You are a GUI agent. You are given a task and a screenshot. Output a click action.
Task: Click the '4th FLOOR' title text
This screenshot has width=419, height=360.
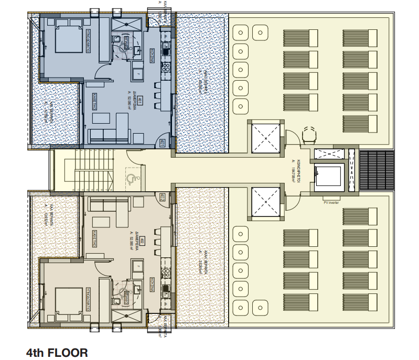(57, 352)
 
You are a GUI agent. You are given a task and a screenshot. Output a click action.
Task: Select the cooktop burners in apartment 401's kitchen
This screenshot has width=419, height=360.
(166, 67)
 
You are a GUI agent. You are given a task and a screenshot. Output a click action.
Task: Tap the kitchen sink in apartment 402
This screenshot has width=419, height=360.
(166, 289)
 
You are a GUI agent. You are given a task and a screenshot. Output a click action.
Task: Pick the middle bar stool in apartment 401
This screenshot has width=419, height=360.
(157, 95)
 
